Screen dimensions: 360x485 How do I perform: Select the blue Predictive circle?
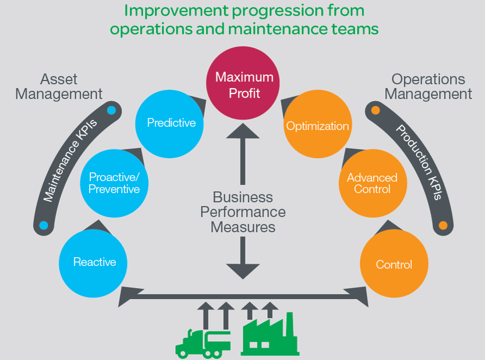pyautogui.click(x=171, y=123)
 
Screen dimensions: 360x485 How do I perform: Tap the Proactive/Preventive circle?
pyautogui.click(x=114, y=183)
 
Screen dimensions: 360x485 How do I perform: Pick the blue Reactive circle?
pyautogui.click(x=94, y=262)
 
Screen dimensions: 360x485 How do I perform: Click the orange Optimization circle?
pyautogui.click(x=317, y=126)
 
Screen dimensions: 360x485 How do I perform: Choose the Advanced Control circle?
pyautogui.click(x=372, y=183)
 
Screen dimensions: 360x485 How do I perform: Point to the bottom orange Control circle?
pyautogui.click(x=394, y=265)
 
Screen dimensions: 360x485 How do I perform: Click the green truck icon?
pyautogui.click(x=202, y=342)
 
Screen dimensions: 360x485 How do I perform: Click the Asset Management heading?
pyautogui.click(x=59, y=86)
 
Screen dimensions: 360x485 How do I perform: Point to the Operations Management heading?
pyautogui.click(x=428, y=86)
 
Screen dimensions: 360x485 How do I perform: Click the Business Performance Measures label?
pyautogui.click(x=242, y=212)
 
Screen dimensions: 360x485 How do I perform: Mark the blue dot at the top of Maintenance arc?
pyautogui.click(x=112, y=110)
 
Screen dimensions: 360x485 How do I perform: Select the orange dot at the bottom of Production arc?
pyautogui.click(x=443, y=225)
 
